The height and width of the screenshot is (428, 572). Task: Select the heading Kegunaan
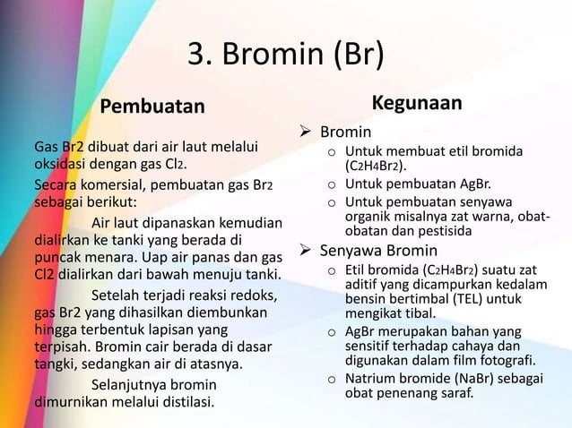pyautogui.click(x=417, y=104)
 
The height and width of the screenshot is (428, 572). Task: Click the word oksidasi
pyautogui.click(x=62, y=164)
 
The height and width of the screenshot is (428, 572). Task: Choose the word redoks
pyautogui.click(x=253, y=296)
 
